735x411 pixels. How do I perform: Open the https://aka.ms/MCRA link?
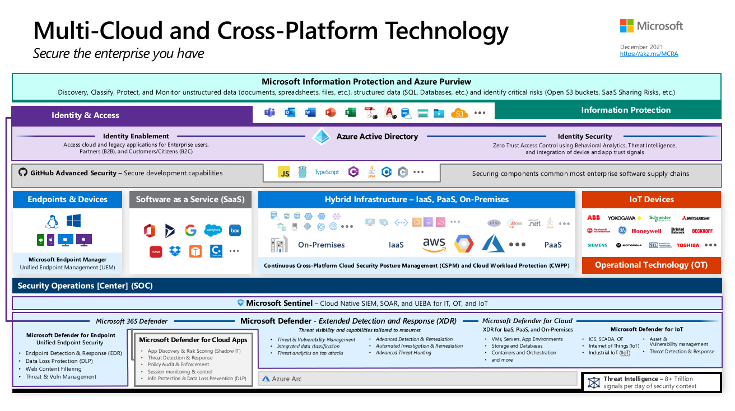pyautogui.click(x=649, y=54)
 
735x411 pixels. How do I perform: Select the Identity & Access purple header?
pyautogui.click(x=85, y=115)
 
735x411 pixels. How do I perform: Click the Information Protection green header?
pyautogui.click(x=625, y=110)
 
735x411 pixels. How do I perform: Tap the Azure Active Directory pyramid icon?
pyautogui.click(x=321, y=137)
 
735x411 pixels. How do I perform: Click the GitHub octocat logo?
pyautogui.click(x=23, y=172)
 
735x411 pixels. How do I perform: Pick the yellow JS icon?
pyautogui.click(x=284, y=172)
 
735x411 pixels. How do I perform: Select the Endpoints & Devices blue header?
pyautogui.click(x=67, y=199)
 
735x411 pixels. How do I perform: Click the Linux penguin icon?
pyautogui.click(x=52, y=222)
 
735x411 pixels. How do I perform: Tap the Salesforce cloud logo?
pyautogui.click(x=213, y=230)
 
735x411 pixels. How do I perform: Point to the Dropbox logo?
pyautogui.click(x=175, y=251)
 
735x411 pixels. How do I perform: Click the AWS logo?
pyautogui.click(x=434, y=244)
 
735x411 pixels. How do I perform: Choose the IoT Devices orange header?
pyautogui.click(x=651, y=199)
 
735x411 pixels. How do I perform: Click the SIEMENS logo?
pyautogui.click(x=597, y=245)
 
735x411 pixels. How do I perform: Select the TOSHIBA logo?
pyautogui.click(x=687, y=245)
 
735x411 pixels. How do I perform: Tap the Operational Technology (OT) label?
pyautogui.click(x=651, y=265)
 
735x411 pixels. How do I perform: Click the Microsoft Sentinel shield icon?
pyautogui.click(x=240, y=303)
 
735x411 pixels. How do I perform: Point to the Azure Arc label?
pyautogui.click(x=286, y=379)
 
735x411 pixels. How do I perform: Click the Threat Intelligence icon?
pyautogui.click(x=593, y=382)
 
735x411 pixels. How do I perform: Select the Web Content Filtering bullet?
pyautogui.click(x=53, y=369)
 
